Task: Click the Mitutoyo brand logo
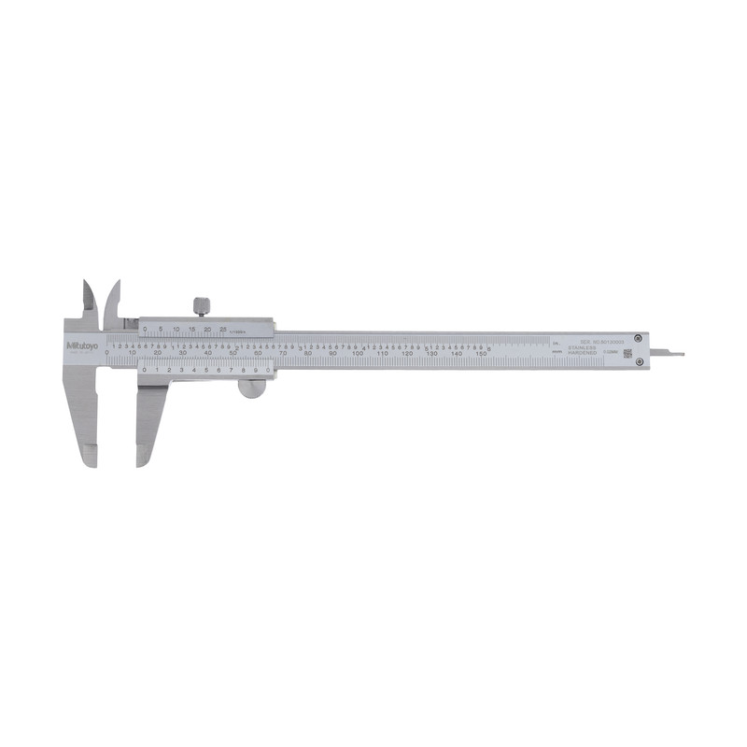(x=82, y=345)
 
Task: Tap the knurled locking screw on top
(x=201, y=305)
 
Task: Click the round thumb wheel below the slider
(x=251, y=387)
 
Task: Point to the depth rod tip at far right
(x=679, y=354)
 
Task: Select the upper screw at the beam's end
(x=638, y=338)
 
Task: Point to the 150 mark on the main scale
(x=481, y=355)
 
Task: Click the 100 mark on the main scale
(x=357, y=355)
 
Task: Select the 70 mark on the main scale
(x=282, y=355)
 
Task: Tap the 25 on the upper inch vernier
(x=222, y=328)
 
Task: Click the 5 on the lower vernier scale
(x=206, y=370)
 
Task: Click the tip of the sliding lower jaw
(x=143, y=458)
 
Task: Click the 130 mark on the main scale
(x=431, y=355)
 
